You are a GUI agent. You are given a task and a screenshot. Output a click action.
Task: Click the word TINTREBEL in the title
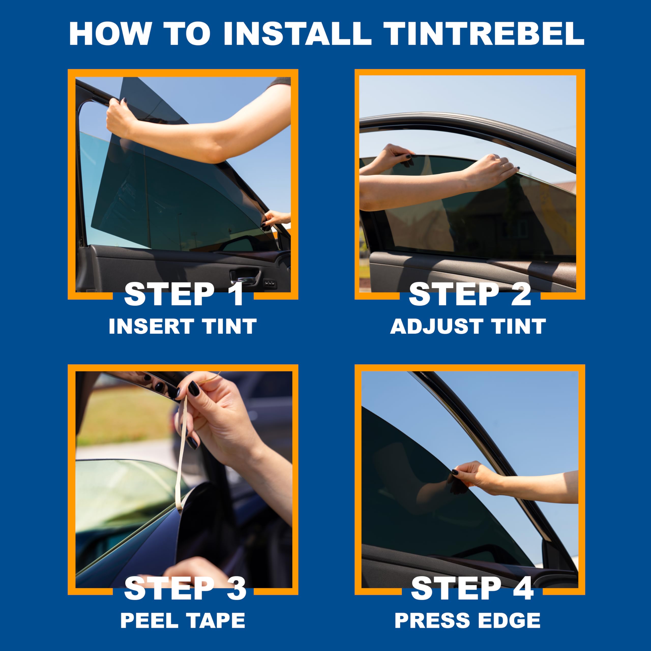tap(484, 34)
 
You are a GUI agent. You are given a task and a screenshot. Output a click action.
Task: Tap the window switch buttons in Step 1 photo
tap(270, 284)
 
